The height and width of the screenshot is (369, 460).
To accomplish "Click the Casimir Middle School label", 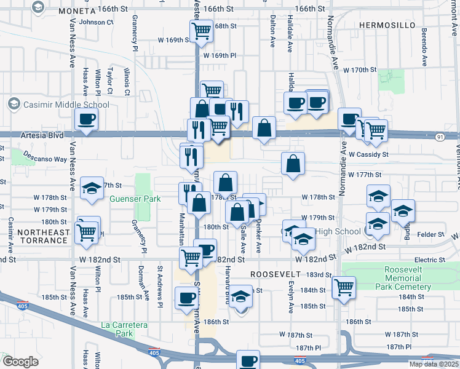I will point(66,105).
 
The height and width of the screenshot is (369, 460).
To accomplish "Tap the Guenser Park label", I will point(135,199).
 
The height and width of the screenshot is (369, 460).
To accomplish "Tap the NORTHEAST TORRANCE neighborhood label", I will point(34,236).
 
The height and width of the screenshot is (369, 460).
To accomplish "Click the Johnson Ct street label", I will point(97,22).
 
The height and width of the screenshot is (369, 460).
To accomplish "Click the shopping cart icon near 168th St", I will point(201,30).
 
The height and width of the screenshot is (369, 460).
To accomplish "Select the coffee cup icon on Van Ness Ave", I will point(86,119).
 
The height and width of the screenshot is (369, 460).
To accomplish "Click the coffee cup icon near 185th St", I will point(187,298).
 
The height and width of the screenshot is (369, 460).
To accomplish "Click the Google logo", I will point(20,362).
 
